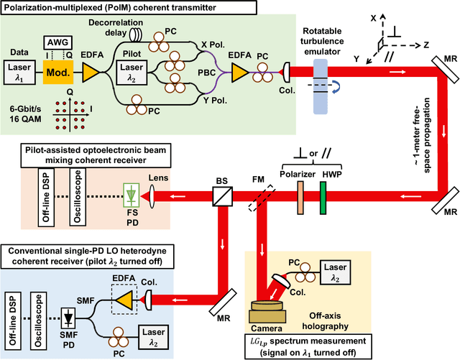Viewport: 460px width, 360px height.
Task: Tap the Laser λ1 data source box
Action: [21, 73]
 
